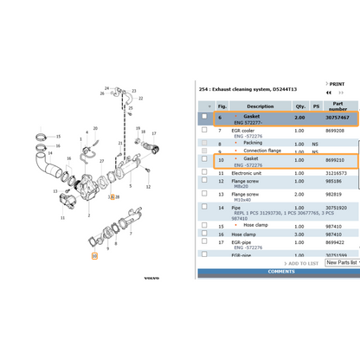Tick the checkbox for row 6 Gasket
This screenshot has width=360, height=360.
click(x=204, y=117)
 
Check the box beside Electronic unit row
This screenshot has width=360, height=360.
click(x=204, y=172)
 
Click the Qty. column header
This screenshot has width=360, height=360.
click(x=299, y=106)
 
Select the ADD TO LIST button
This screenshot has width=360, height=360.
click(x=303, y=263)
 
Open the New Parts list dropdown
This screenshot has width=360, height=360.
click(x=343, y=262)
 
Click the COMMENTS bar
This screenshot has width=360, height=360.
click(x=280, y=272)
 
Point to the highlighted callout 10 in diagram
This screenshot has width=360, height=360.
click(x=94, y=255)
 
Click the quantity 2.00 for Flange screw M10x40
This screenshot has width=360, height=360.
click(x=299, y=196)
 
